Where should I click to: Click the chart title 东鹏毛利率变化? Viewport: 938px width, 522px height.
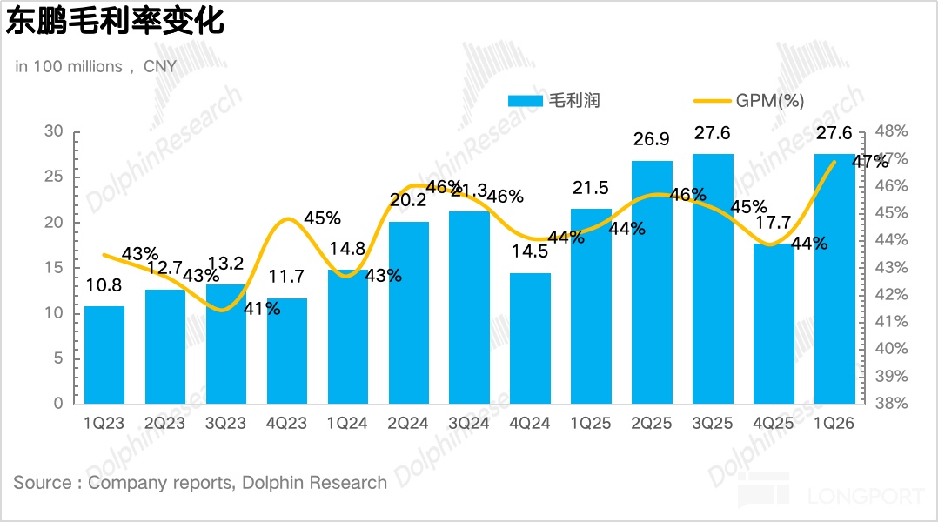pos(116,21)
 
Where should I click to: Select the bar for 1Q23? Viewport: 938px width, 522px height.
pos(104,355)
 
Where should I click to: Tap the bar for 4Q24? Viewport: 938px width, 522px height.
pos(530,339)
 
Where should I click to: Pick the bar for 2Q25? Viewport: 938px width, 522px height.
pos(652,283)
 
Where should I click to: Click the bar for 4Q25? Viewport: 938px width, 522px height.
pos(774,324)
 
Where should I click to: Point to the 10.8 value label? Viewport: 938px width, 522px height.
pos(104,286)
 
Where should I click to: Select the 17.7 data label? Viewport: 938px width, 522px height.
pos(774,224)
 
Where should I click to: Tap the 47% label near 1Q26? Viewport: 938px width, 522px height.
pos(869,161)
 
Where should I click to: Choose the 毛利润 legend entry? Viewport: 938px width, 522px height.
pos(554,100)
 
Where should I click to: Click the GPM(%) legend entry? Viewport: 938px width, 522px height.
pos(749,100)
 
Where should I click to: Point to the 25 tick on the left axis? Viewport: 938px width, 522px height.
pos(55,177)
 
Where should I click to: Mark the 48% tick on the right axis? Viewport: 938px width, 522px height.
pos(890,131)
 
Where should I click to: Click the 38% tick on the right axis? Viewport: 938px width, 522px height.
pos(890,404)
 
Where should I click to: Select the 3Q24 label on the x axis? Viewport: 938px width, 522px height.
pos(469,424)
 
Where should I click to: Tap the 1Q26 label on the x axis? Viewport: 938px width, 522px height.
pos(834,424)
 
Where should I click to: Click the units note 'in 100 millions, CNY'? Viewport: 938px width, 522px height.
pos(96,66)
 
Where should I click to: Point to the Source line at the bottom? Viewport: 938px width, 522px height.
pos(200,482)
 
